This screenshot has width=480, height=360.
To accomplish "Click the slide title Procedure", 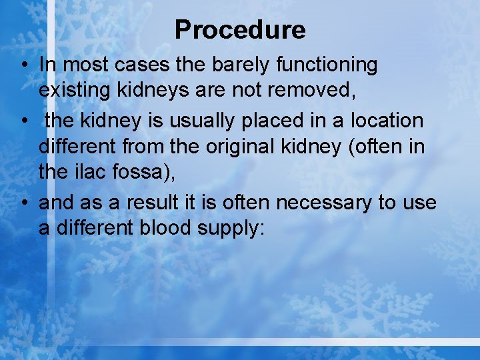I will coord(240,30).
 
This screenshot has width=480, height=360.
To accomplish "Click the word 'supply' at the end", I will coord(231,227).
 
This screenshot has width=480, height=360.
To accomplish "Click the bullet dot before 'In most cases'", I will coord(23,65).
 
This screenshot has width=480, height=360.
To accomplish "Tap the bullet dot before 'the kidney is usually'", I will coord(23,121).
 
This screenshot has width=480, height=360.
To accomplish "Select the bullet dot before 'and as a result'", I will coord(23,203).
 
